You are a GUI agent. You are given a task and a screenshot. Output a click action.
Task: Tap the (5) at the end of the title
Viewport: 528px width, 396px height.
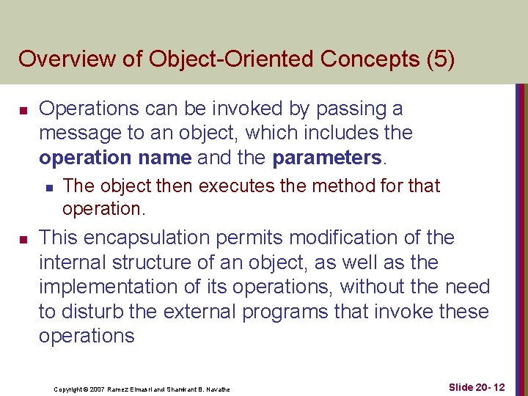(x=439, y=59)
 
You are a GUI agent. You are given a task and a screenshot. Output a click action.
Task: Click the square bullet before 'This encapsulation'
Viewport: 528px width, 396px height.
(x=23, y=240)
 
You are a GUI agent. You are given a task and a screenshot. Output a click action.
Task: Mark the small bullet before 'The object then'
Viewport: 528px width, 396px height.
(x=48, y=188)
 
